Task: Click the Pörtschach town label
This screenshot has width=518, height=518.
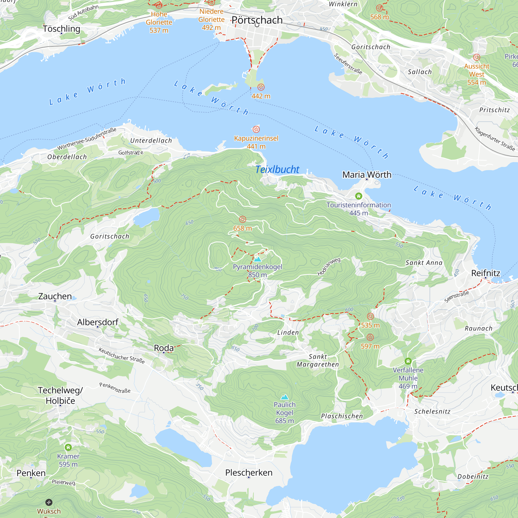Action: (257, 20)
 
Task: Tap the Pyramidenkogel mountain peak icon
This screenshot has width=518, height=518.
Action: (257, 259)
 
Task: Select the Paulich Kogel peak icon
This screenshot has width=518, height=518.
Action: (284, 397)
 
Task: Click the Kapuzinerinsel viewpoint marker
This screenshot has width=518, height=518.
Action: (256, 129)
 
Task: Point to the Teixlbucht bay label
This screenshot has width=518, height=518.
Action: (277, 169)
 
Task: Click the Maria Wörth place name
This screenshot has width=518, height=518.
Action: (366, 175)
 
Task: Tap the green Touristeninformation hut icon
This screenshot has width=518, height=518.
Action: (358, 196)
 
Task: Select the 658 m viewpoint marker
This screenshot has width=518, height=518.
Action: (242, 219)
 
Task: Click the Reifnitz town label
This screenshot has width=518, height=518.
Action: (486, 273)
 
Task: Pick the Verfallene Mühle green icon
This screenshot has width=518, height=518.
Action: (408, 361)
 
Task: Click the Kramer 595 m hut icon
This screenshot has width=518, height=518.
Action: (68, 447)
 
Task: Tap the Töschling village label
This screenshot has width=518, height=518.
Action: (61, 29)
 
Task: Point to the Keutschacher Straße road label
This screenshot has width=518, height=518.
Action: (121, 356)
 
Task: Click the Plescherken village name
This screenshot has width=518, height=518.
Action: (249, 472)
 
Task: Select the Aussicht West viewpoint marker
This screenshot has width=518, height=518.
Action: (477, 57)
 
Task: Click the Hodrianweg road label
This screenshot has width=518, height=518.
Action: (329, 267)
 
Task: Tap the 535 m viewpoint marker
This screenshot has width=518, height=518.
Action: (370, 316)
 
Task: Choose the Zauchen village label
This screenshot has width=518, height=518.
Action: (55, 296)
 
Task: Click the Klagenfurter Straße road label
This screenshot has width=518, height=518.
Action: (495, 139)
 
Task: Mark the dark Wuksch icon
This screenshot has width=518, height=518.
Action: (49, 502)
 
